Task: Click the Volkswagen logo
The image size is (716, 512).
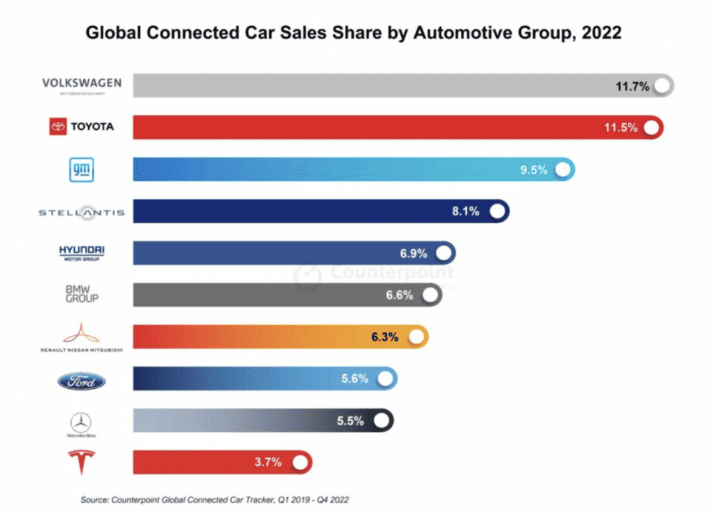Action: pyautogui.click(x=82, y=85)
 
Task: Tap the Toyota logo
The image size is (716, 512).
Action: pyautogui.click(x=82, y=127)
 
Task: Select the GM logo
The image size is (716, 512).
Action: pyautogui.click(x=82, y=170)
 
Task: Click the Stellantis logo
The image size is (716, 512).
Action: pyautogui.click(x=82, y=212)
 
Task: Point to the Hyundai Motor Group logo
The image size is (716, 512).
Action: pyautogui.click(x=82, y=252)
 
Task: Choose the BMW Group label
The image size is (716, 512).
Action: pyautogui.click(x=82, y=293)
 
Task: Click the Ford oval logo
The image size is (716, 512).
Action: pyautogui.click(x=82, y=381)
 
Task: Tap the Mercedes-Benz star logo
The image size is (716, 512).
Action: pyautogui.click(x=81, y=423)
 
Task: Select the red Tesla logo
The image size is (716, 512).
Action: pyautogui.click(x=82, y=462)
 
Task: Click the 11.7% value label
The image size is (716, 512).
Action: pyautogui.click(x=632, y=85)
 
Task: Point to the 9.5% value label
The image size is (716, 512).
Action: pyautogui.click(x=534, y=170)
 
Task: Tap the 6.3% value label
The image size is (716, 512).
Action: pyautogui.click(x=385, y=337)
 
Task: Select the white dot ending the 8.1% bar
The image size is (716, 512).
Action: pyautogui.click(x=497, y=211)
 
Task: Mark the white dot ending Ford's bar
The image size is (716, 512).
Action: pyautogui.click(x=385, y=379)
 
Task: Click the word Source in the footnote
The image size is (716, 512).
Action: pyautogui.click(x=95, y=499)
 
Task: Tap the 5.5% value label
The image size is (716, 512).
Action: pyautogui.click(x=350, y=421)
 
